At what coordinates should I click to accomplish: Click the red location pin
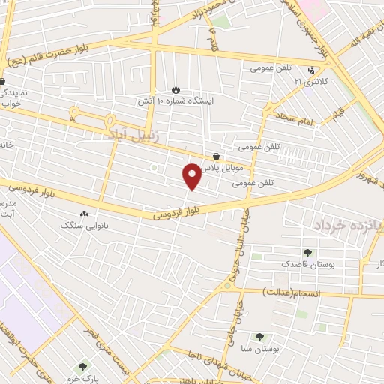(x=192, y=177)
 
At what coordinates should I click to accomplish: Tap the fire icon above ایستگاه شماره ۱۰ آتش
(x=175, y=88)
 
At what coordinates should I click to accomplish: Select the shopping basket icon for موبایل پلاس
(x=216, y=156)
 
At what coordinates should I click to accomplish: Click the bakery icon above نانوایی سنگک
(x=83, y=214)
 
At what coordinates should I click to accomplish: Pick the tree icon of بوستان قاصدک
(x=307, y=253)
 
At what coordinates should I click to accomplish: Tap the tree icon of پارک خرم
(x=82, y=366)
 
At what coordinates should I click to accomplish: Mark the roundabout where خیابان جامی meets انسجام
(x=227, y=285)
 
